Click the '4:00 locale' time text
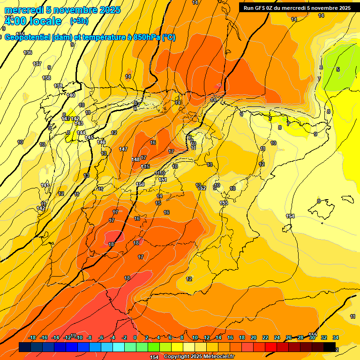33,21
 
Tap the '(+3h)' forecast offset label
79,21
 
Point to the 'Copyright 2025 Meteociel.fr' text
198,357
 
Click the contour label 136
28,52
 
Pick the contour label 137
37,64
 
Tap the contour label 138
46,78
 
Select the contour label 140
71,95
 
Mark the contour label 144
81,133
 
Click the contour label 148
135,159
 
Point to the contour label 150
140,184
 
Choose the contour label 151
163,180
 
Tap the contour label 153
224,203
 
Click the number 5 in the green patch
338,69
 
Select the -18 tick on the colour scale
32,338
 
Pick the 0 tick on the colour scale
135,338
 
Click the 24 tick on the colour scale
277,338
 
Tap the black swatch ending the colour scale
330,347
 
